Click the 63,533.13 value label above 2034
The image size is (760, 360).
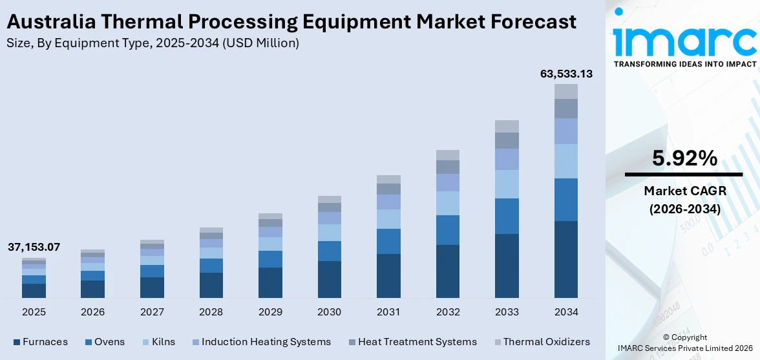[x=566, y=74]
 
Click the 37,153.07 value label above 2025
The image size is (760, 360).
[x=34, y=247]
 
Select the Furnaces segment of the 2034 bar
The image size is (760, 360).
[x=566, y=259]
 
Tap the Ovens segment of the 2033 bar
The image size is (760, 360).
[x=507, y=216]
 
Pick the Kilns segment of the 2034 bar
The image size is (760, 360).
[x=566, y=161]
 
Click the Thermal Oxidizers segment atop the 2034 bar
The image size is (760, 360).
[x=566, y=91]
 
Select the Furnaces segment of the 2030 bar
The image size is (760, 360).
[x=329, y=279]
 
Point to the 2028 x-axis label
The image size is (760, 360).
[x=211, y=312]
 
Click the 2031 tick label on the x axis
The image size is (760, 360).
[x=388, y=312]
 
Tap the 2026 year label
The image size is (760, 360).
[x=93, y=312]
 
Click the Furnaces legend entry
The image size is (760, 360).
[x=45, y=342]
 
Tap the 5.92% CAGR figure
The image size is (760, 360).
[x=684, y=158]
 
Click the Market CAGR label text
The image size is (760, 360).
[x=684, y=191]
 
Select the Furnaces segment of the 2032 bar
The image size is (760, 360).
[x=448, y=271]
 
